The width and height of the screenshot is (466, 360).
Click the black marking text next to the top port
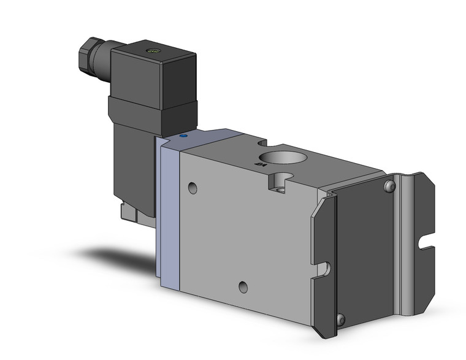tap(259, 163)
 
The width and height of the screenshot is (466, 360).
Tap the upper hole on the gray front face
tap(194, 186)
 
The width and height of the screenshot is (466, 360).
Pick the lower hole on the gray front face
tap(244, 285)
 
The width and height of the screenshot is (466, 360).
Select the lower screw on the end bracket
tap(341, 318)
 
